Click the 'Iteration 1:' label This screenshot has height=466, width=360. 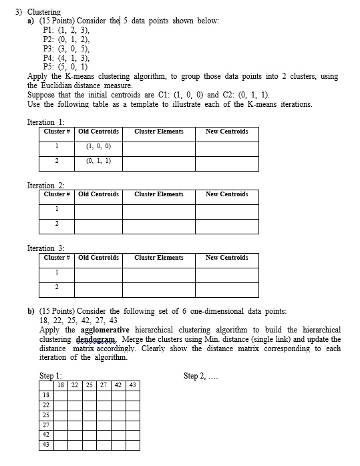(45, 122)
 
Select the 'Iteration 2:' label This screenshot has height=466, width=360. (45, 186)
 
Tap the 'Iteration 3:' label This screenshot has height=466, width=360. (45, 248)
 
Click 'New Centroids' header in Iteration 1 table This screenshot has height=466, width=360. (226, 132)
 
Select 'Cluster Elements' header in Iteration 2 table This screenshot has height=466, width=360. (158, 194)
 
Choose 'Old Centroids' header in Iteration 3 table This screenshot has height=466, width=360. (98, 258)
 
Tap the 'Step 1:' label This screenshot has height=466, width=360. (50, 376)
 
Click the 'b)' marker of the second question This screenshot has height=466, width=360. (31, 311)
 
